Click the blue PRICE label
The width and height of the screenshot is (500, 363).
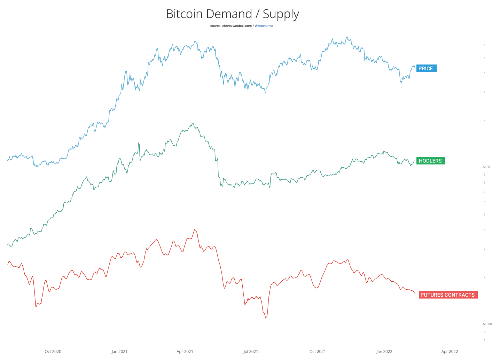[426, 68]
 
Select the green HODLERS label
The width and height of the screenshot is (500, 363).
[430, 161]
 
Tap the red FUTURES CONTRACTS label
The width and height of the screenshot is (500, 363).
[447, 295]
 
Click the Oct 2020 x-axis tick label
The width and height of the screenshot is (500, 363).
[53, 352]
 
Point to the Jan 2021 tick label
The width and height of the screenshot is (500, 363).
[119, 352]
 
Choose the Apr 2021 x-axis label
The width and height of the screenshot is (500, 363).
[185, 352]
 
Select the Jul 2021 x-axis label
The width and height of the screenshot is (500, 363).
[251, 352]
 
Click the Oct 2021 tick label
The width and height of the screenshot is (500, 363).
[318, 352]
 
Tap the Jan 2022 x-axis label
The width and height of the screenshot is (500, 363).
[384, 352]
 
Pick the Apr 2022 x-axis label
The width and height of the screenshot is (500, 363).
[450, 352]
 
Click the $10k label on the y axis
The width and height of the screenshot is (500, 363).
[486, 167]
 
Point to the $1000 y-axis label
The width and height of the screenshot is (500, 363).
[487, 324]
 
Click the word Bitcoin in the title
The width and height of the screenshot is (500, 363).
[184, 14]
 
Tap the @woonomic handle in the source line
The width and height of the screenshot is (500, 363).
[264, 26]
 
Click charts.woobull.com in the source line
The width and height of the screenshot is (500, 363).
[237, 26]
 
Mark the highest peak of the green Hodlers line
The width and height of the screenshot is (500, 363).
[193, 123]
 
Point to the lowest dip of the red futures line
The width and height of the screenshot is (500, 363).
[266, 318]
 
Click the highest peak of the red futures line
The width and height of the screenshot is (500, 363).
[195, 229]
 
